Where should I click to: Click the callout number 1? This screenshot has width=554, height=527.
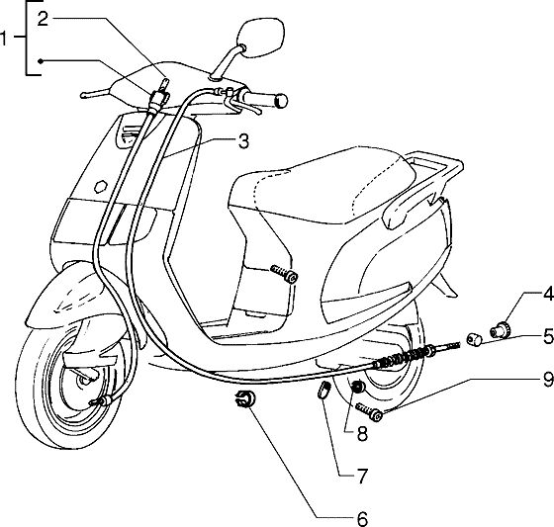(4, 39)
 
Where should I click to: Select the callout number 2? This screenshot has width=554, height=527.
(43, 19)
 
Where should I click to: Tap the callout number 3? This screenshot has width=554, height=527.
(243, 141)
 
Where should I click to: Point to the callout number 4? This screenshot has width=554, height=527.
(548, 294)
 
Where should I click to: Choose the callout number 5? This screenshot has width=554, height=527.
(548, 336)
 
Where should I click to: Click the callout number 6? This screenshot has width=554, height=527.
(362, 519)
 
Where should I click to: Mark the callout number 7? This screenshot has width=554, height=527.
(362, 477)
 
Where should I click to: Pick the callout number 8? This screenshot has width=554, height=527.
(362, 433)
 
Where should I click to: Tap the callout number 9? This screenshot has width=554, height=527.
(548, 380)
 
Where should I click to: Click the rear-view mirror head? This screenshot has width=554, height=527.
(260, 38)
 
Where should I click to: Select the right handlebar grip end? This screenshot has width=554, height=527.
(281, 101)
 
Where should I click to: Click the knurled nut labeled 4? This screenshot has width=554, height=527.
(500, 330)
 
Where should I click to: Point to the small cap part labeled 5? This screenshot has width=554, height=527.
(474, 340)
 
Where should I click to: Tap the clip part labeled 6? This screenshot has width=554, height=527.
(245, 398)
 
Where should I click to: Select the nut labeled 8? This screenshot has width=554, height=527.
(357, 387)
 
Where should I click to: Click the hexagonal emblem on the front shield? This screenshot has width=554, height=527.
(101, 186)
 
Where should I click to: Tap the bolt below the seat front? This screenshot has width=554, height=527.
(285, 274)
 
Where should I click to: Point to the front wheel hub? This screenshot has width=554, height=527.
(85, 379)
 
